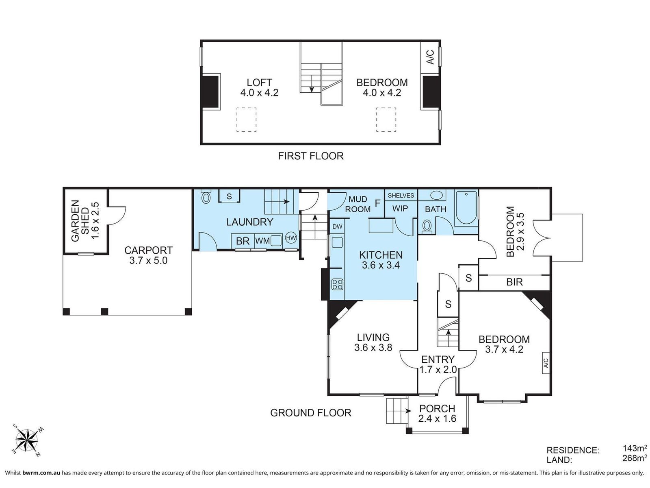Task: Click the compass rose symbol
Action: tap(27, 440)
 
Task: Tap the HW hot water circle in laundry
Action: tap(290, 237)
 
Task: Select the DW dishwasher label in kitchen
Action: tap(337, 227)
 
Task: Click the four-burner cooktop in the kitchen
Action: tap(337, 284)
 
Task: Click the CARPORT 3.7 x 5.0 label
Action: tap(148, 255)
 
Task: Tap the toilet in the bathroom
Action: tap(427, 227)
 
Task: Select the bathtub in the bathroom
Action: tap(466, 208)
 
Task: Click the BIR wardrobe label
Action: tap(514, 282)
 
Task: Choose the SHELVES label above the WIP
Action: tap(401, 195)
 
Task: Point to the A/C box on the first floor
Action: tap(430, 57)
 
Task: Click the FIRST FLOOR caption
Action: tap(311, 156)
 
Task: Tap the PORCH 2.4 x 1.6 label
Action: tap(437, 413)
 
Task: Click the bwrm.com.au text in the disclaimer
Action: tap(41, 473)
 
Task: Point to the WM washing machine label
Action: tap(262, 241)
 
